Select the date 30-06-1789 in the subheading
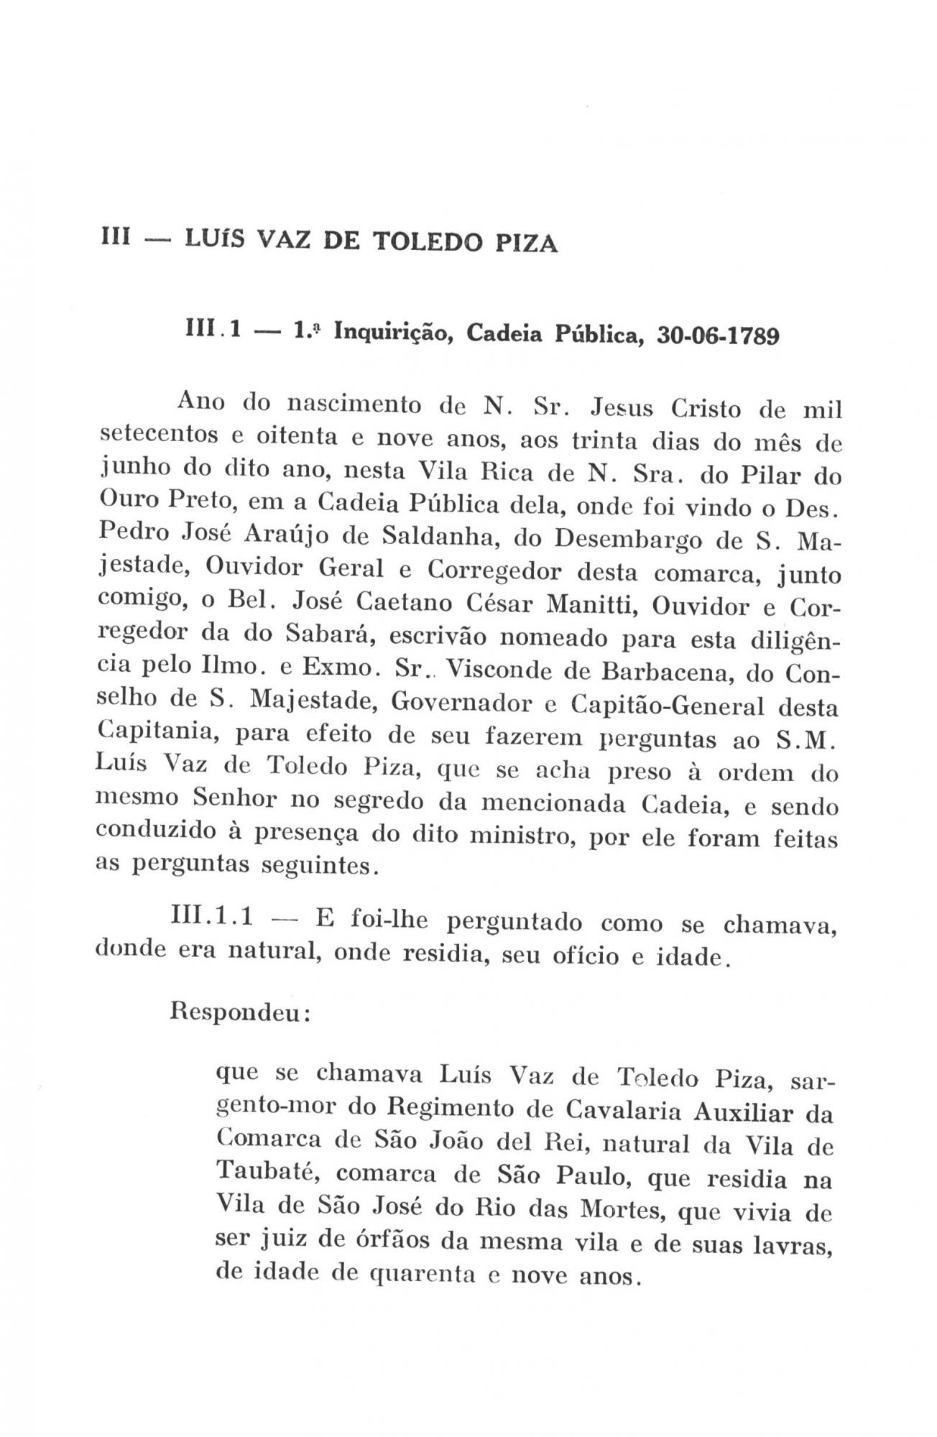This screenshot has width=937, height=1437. click(x=718, y=335)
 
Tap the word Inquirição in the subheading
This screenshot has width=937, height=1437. click(x=386, y=333)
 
